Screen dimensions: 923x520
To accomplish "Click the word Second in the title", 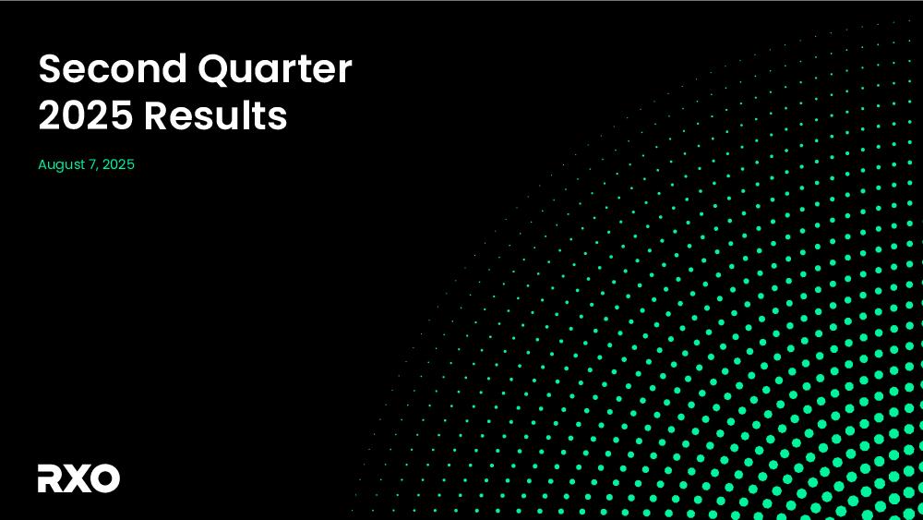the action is (113, 68).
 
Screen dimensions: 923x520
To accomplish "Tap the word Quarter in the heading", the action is (275, 70).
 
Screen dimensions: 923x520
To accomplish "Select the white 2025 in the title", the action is (85, 115).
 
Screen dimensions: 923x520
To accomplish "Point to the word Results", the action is (216, 115).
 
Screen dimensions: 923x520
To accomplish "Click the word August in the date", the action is (61, 165).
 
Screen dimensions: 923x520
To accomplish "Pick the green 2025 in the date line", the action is (118, 164).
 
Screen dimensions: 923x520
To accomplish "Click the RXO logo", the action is (78, 478).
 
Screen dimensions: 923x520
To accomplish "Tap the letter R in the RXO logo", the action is (51, 478).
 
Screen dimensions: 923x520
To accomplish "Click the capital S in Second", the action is (50, 68).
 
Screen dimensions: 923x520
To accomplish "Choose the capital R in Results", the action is (157, 115).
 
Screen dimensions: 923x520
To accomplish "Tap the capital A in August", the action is (43, 164).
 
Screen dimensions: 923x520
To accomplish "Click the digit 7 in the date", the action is (92, 165).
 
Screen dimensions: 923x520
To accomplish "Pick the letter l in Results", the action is (249, 115).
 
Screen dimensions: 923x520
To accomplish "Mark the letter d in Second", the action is (174, 67).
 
